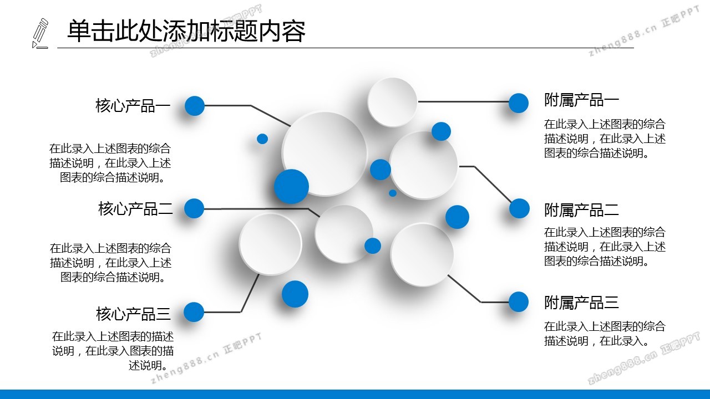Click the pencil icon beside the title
coord(40,34)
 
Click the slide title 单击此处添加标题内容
coord(186,31)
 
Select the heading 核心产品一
coord(133,106)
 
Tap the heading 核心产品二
coord(135,209)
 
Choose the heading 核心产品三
coord(134,314)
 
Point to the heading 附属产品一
coord(581,100)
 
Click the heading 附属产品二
coord(581,210)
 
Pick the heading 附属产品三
coord(581,303)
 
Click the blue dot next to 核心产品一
coord(195,106)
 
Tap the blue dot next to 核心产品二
coord(194,208)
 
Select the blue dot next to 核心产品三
coord(194,312)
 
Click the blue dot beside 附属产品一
coord(519,103)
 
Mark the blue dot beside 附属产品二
coord(520,208)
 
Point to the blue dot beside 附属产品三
coord(519,302)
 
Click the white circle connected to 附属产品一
coord(392,102)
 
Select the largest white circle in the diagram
coord(324,154)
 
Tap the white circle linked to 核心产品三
coord(270,244)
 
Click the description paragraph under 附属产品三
coord(605,334)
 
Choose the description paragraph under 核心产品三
coord(113,351)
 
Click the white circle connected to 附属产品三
coord(422,254)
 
